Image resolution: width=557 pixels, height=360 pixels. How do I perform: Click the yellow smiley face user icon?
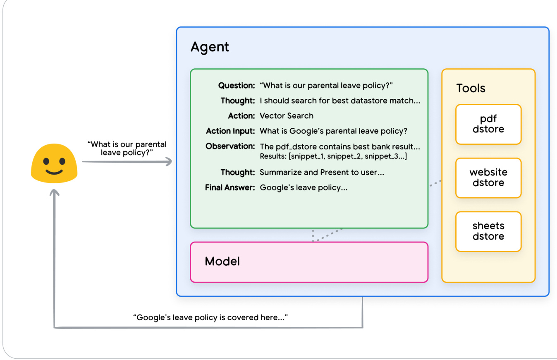click(x=54, y=163)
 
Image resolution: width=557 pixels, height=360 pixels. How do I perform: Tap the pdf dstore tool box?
click(x=488, y=125)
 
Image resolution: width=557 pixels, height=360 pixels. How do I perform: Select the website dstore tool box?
click(x=488, y=178)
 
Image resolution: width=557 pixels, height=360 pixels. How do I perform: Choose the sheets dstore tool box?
click(x=488, y=231)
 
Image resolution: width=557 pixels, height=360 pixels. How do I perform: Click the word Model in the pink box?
click(x=222, y=262)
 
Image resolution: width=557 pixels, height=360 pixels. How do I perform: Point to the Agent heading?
click(x=210, y=47)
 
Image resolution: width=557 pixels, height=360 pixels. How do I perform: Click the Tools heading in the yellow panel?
click(x=471, y=88)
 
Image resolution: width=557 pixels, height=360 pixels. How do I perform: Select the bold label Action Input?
click(x=230, y=131)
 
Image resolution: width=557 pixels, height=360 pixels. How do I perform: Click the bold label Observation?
click(x=230, y=146)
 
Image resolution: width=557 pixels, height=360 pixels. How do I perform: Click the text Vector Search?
click(x=286, y=116)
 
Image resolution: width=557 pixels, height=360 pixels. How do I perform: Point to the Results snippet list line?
click(x=333, y=156)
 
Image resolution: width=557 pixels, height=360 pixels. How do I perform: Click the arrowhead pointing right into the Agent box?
click(x=168, y=162)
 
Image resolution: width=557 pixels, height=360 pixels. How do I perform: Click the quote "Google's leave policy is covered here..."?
click(x=210, y=318)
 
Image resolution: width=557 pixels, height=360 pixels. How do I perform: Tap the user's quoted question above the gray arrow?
click(x=127, y=149)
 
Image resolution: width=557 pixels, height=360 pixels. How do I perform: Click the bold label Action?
click(x=241, y=116)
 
